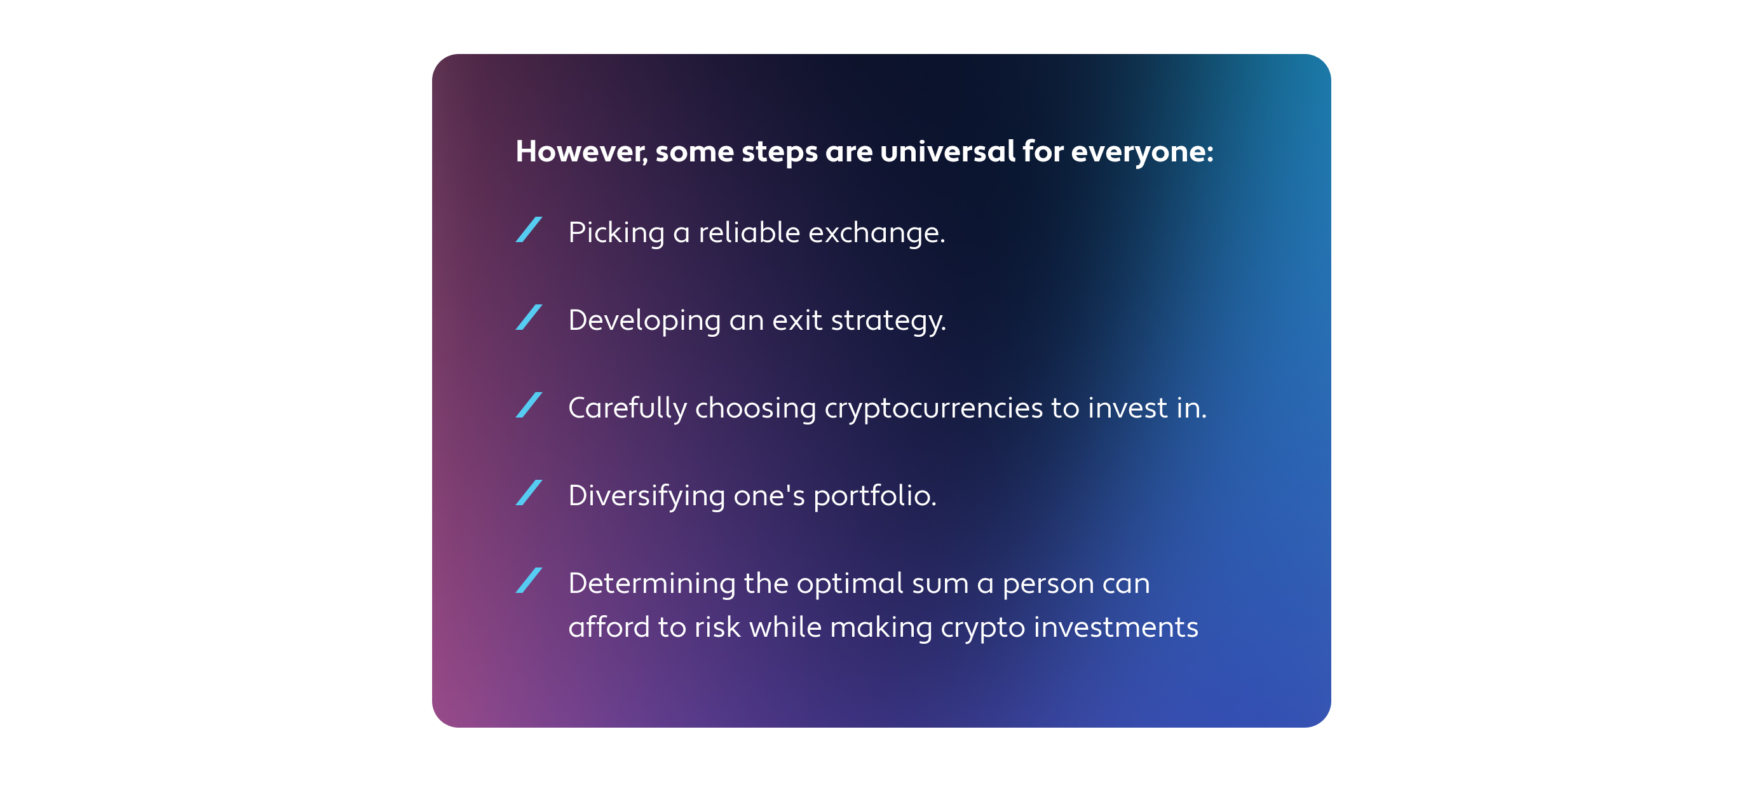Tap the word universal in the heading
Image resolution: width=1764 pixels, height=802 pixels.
pos(947,151)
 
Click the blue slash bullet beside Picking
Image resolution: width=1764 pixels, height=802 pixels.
pos(529,229)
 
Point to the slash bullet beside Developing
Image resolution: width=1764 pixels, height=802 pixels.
pos(529,317)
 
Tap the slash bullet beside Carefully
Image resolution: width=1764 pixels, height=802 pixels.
pos(529,405)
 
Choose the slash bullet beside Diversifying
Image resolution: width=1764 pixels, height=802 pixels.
pos(529,493)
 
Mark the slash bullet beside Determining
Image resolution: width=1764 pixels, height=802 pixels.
pos(529,580)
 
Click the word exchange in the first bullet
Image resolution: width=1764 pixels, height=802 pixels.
pos(876,233)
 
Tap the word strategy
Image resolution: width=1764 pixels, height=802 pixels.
pos(888,321)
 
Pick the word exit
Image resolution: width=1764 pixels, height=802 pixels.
pos(797,320)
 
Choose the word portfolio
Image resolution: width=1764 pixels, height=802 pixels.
pos(874,496)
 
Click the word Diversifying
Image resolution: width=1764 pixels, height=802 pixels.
pos(646,496)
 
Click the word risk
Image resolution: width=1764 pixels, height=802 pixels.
pos(717,627)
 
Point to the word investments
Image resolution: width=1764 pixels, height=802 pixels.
pos(1115,627)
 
